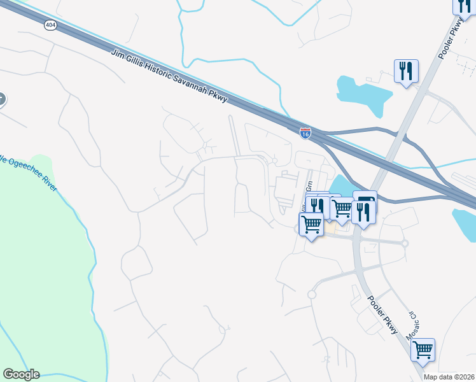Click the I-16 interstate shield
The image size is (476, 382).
click(306, 134)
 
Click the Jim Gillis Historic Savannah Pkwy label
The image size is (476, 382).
click(169, 76)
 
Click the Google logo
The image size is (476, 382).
click(21, 374)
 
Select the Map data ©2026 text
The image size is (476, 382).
click(449, 377)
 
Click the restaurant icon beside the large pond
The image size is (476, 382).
click(405, 71)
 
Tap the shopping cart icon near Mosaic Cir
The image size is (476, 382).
click(423, 350)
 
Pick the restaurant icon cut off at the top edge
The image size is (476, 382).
click(463, 6)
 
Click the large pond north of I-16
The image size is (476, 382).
click(363, 95)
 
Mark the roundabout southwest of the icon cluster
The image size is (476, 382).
click(312, 294)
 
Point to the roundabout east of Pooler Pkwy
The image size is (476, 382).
click(404, 243)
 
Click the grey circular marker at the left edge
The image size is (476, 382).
click(1, 99)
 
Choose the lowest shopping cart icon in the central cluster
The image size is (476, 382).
click(311, 224)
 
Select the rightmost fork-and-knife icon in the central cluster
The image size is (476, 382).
click(363, 213)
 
